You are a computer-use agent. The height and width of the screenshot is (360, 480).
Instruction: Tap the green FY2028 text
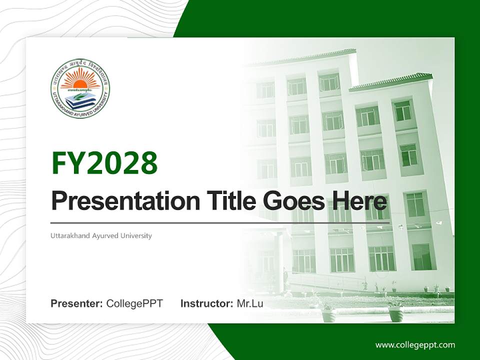click(104, 163)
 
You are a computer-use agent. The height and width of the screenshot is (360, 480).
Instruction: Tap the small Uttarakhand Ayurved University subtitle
click(101, 235)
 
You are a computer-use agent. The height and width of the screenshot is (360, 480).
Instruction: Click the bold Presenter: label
click(77, 303)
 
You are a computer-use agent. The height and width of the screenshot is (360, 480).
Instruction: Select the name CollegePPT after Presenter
click(134, 303)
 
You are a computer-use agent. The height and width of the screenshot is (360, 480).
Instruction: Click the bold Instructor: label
click(206, 303)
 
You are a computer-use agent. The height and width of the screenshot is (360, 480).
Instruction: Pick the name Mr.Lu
click(250, 303)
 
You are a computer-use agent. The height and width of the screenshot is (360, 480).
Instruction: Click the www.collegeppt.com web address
click(415, 344)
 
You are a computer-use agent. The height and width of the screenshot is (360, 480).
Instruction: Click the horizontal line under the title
click(220, 222)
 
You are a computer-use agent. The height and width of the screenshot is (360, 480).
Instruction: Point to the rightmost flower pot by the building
click(395, 314)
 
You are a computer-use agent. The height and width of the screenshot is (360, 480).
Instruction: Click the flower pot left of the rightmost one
click(328, 314)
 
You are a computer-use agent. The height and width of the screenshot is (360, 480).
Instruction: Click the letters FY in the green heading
click(68, 163)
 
